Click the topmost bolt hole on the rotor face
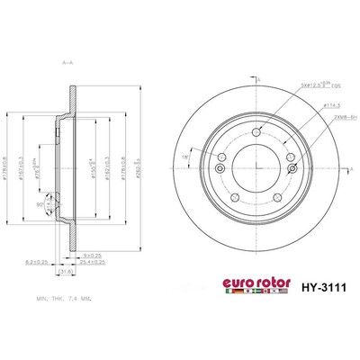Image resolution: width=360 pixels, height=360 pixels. (x=256, y=132)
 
